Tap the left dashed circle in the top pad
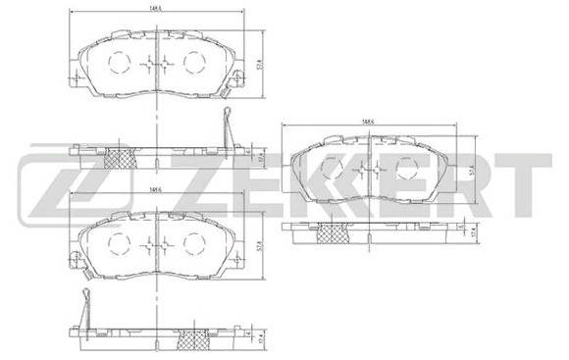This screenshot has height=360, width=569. (119, 65)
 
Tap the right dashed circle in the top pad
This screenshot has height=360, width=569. (191, 64)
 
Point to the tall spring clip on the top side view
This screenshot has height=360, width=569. (227, 128)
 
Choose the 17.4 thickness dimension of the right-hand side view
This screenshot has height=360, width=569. (475, 233)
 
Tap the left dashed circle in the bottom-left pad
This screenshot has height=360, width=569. (119, 244)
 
